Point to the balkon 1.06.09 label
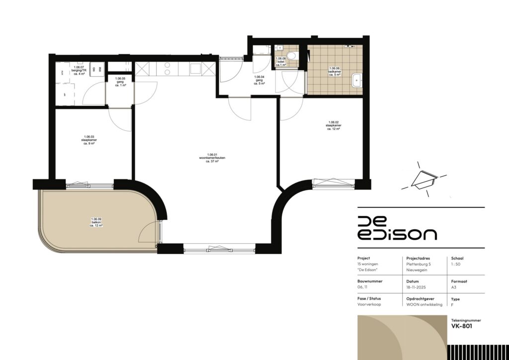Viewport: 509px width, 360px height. click(96, 222)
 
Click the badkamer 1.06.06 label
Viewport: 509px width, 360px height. click(334, 71)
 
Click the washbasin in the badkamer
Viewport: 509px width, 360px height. click(357, 81)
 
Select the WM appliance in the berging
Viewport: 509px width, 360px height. click(100, 71)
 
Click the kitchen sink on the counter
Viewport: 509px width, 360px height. click(195, 69)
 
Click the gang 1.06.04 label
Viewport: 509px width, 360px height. click(259, 80)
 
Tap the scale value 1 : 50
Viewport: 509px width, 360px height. click(456, 265)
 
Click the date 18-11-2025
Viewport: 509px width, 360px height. click(416, 287)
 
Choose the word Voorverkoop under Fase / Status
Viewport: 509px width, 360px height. click(369, 304)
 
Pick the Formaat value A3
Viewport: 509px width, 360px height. click(453, 287)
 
